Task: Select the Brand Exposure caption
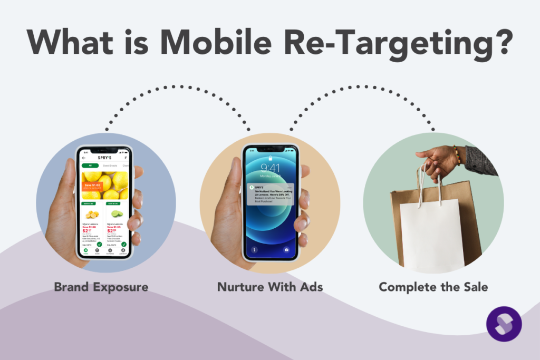click(101, 287)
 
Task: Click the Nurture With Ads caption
click(270, 287)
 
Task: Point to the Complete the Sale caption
click(433, 287)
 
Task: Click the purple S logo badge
click(504, 324)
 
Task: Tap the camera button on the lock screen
click(286, 249)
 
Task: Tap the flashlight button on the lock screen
click(254, 249)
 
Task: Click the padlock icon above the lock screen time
click(270, 157)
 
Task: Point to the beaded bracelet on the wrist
click(457, 156)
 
